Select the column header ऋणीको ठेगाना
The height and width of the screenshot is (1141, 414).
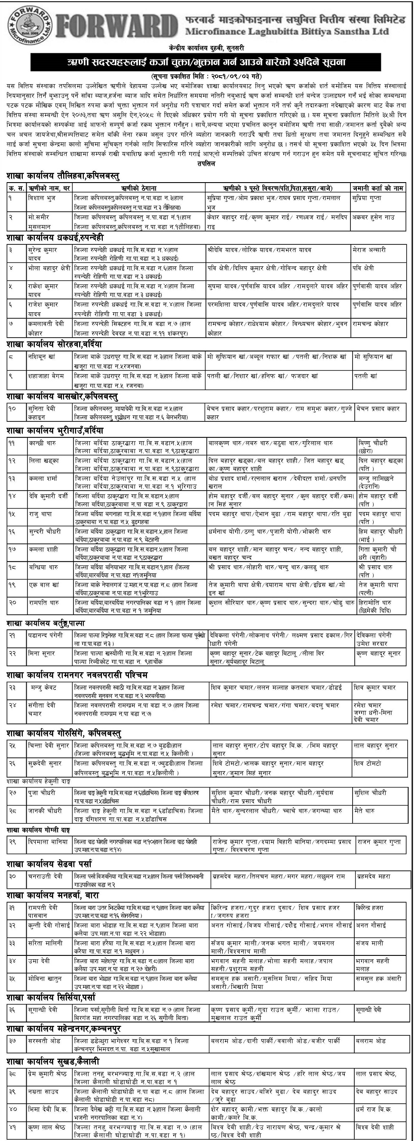[139, 188]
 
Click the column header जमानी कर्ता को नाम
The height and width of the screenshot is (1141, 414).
[378, 188]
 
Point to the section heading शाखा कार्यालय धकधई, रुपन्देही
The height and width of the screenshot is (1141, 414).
[63, 238]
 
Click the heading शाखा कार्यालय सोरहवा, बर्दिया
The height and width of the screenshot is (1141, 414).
[54, 344]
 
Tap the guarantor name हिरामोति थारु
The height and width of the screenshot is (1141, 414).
[374, 602]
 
